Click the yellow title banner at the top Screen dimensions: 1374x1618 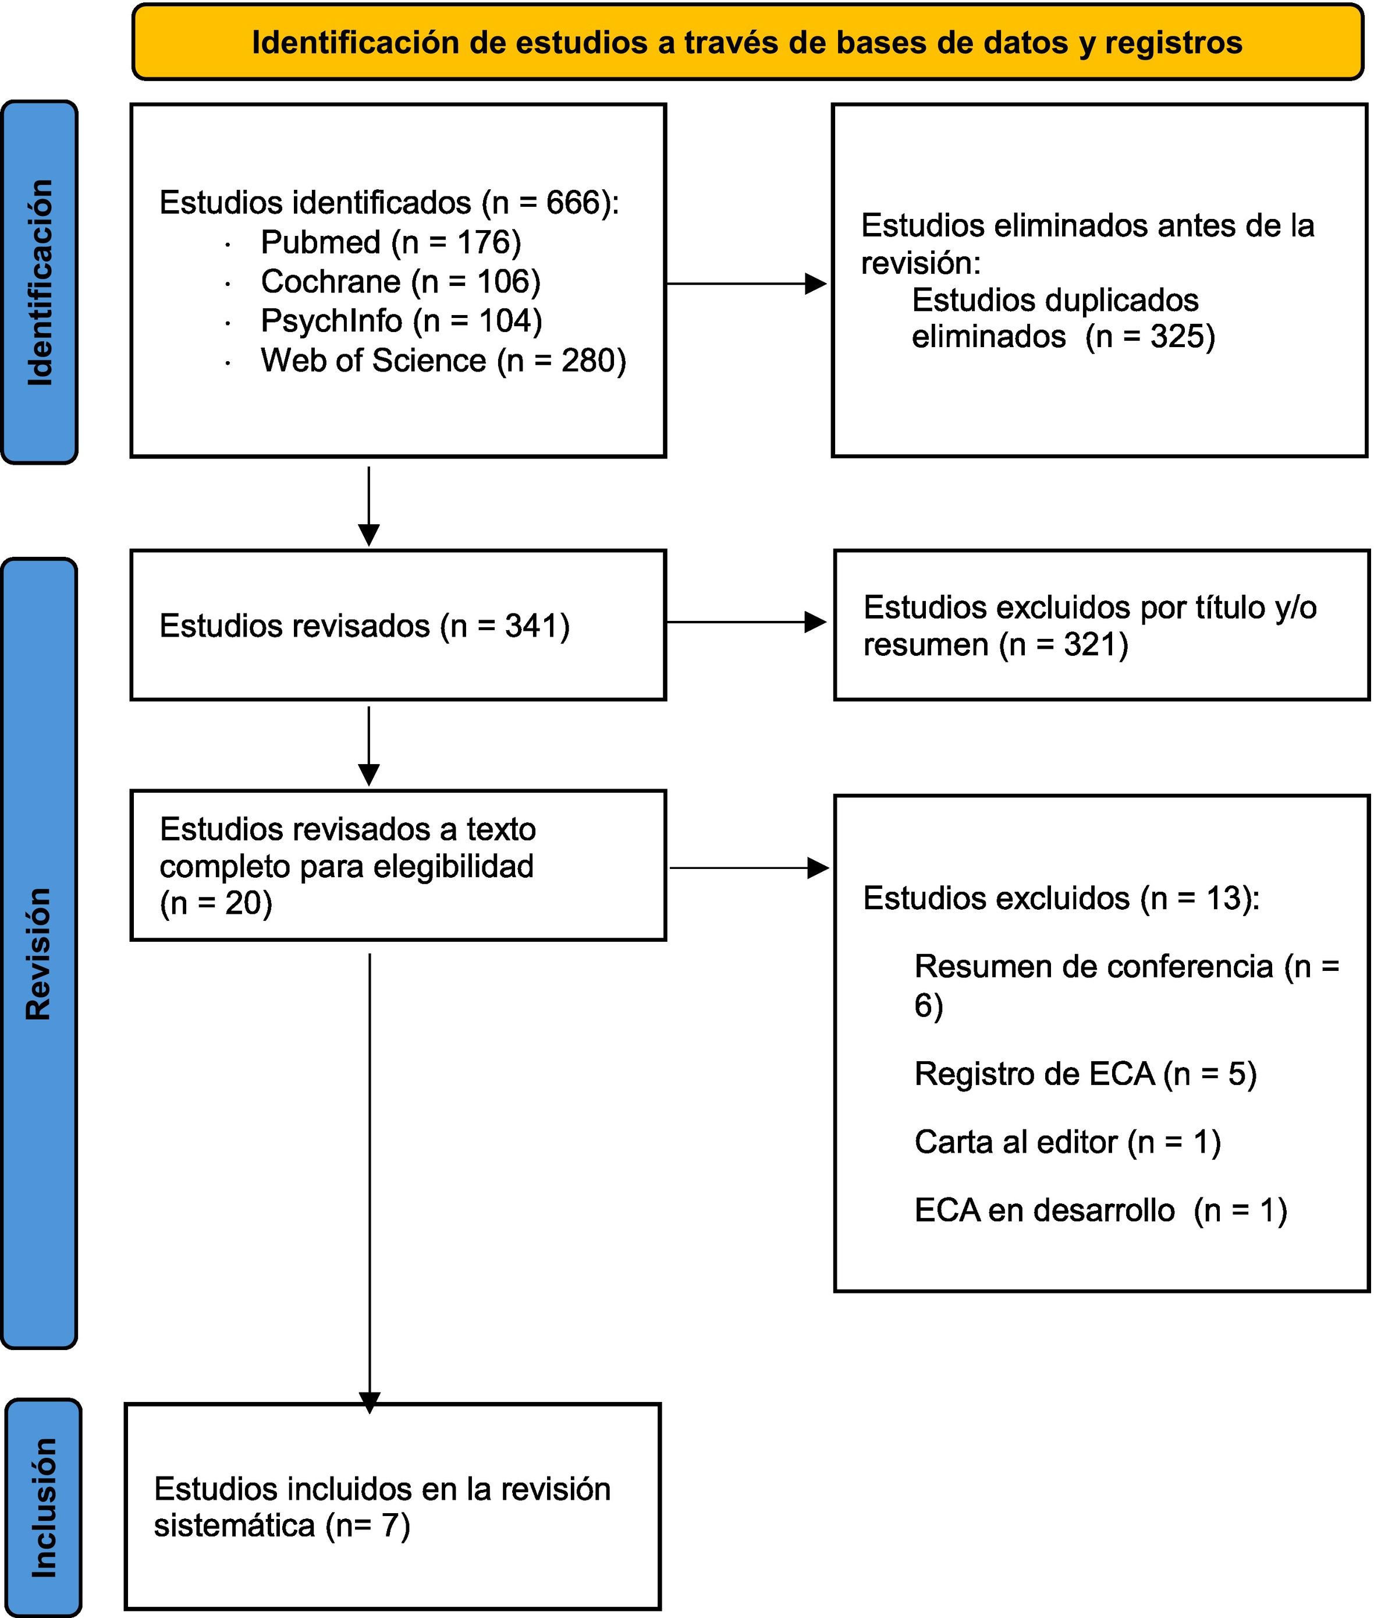(x=748, y=42)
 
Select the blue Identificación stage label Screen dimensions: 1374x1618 (x=40, y=282)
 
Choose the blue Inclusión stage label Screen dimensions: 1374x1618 (x=44, y=1507)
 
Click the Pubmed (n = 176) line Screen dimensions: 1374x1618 (x=390, y=242)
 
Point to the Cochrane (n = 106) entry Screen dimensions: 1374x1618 (x=400, y=281)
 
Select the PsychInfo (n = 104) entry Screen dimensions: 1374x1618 (x=401, y=321)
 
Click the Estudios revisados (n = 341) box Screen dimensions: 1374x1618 (x=398, y=625)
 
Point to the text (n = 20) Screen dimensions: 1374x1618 (x=216, y=903)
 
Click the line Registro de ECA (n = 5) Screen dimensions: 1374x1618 (x=1085, y=1074)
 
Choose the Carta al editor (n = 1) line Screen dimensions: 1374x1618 (x=1067, y=1142)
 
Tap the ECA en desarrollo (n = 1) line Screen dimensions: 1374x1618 (x=1100, y=1210)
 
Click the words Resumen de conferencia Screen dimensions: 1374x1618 (x=1093, y=966)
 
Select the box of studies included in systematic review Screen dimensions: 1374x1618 (x=393, y=1507)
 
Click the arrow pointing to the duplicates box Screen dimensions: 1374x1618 (x=746, y=284)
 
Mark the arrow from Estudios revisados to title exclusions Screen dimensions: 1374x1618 (x=746, y=622)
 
